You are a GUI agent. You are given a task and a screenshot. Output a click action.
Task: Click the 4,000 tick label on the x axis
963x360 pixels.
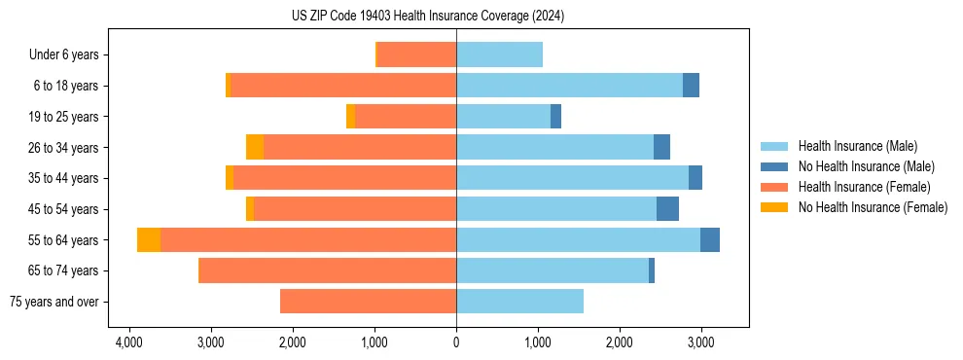[128, 342]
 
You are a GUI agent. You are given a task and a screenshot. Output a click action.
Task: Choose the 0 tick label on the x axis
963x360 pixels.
[456, 342]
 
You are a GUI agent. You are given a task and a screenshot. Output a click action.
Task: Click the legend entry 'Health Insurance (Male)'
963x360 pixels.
[857, 147]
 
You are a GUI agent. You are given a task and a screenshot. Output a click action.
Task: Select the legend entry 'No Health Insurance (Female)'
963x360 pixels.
[873, 207]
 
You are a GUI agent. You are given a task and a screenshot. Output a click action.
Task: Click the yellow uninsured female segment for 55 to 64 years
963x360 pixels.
[149, 240]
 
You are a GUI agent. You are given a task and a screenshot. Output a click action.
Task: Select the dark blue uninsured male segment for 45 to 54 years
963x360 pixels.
[667, 209]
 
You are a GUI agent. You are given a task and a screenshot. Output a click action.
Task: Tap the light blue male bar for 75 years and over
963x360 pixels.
[519, 302]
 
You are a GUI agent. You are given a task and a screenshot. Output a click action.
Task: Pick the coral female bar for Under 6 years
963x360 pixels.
[416, 55]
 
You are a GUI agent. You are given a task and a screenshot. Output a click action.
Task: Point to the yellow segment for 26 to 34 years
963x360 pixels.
[255, 148]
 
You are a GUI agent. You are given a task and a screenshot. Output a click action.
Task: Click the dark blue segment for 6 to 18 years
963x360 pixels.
[691, 86]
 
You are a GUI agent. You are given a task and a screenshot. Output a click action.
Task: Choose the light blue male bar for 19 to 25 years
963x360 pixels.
[503, 117]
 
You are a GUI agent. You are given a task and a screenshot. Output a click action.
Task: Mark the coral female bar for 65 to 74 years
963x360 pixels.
[328, 270]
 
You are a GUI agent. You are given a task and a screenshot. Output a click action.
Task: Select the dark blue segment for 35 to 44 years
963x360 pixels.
[695, 178]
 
